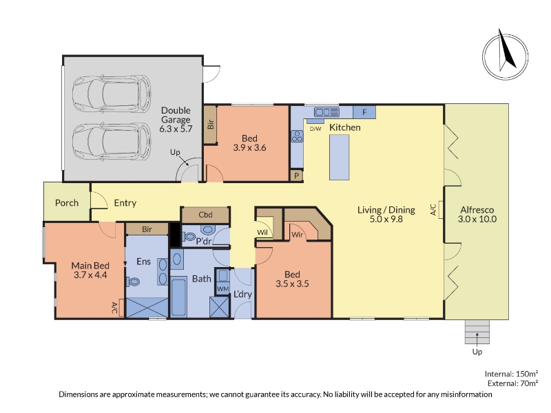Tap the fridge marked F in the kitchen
(x=364, y=112)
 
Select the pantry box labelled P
(x=297, y=176)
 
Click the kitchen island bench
(x=339, y=158)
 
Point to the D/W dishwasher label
(x=315, y=129)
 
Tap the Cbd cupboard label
(x=205, y=215)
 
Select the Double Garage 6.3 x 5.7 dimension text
(x=176, y=129)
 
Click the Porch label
(x=67, y=202)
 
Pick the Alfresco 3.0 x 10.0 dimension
(x=477, y=219)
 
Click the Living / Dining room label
(x=386, y=210)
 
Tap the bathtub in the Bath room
(x=178, y=297)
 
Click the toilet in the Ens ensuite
(x=133, y=282)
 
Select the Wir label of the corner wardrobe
(x=297, y=234)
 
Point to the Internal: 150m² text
(x=511, y=374)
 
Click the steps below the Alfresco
(x=477, y=332)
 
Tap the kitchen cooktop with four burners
(x=297, y=136)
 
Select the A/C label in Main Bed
(x=115, y=308)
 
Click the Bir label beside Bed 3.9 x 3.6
(x=211, y=125)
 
